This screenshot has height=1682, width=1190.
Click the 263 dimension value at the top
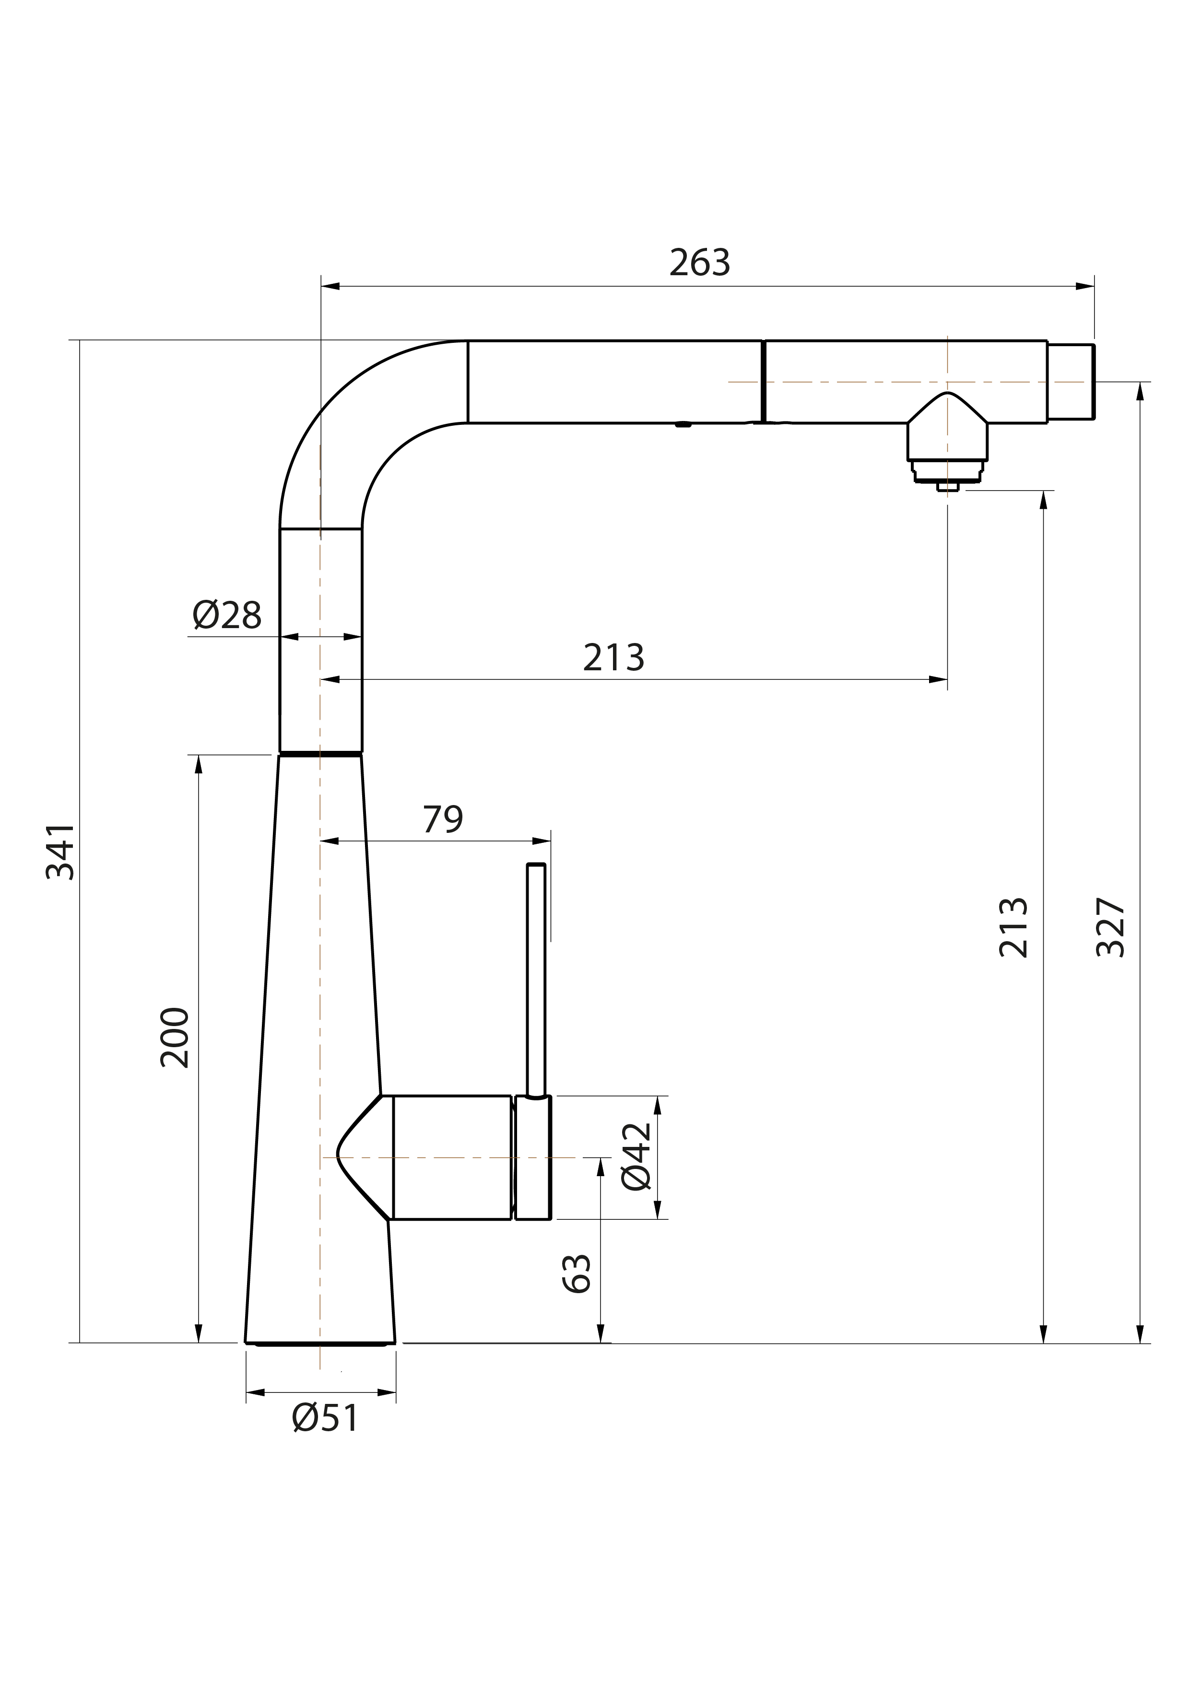coord(700,262)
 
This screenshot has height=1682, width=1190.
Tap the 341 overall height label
coord(60,851)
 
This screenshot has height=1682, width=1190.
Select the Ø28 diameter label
coord(227,615)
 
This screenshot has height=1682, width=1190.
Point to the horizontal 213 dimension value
coord(613,657)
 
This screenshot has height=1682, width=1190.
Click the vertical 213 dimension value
coord(1013,927)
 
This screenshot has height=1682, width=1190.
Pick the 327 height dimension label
coord(1110,927)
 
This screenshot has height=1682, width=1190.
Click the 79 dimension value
coord(443,819)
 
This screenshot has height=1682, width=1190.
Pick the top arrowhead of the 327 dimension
coord(1140,391)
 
